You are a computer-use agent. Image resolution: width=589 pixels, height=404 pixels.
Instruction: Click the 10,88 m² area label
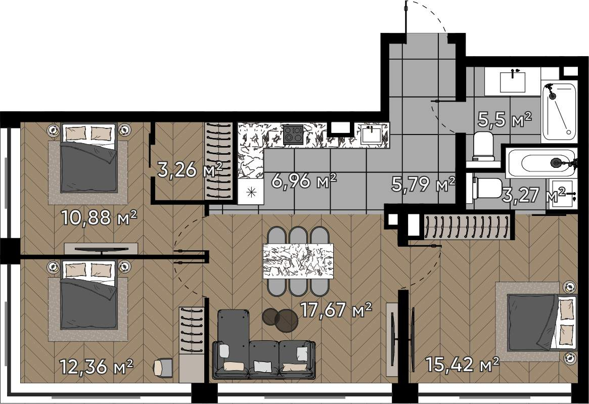[99, 217]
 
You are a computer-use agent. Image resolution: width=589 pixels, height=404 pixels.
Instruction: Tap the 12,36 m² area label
[97, 367]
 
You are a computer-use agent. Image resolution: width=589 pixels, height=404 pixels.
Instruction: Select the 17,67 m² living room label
[336, 310]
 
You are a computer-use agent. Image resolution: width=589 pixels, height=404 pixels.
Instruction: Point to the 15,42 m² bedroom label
[463, 364]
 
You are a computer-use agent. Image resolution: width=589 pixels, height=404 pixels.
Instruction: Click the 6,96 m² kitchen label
[304, 181]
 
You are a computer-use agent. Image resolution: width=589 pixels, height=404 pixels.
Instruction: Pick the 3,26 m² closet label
[190, 170]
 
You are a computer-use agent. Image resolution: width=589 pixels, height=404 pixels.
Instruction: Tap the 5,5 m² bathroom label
[505, 119]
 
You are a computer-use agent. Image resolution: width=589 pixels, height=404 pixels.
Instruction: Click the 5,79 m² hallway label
[423, 184]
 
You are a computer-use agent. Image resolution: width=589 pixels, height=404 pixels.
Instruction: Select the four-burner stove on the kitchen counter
[293, 134]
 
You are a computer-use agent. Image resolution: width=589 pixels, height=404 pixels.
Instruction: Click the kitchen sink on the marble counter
[371, 134]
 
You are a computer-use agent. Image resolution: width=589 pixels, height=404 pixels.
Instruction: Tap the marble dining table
[298, 261]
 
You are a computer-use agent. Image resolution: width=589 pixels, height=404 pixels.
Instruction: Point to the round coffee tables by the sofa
[280, 320]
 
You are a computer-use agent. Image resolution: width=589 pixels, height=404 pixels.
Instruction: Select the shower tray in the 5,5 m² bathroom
[559, 111]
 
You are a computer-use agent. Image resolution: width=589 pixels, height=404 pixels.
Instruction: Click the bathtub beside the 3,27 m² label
[541, 163]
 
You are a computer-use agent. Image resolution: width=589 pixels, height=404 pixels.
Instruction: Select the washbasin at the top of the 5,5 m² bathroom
[512, 82]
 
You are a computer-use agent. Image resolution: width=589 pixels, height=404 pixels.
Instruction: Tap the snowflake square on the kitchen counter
[251, 192]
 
